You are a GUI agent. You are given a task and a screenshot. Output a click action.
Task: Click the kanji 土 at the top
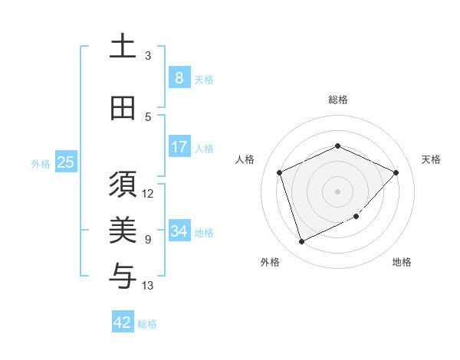[x=122, y=46]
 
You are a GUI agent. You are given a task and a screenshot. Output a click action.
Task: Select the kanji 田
[x=122, y=108]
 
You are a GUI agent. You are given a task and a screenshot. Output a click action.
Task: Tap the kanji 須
[x=122, y=185]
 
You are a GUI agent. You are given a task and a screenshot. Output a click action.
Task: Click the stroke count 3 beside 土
[x=148, y=56]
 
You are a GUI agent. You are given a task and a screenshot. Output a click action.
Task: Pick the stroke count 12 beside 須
[x=149, y=193]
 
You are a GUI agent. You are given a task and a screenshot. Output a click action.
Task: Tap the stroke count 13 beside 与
[x=149, y=286]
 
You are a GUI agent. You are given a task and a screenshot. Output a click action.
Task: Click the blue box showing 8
[x=179, y=78]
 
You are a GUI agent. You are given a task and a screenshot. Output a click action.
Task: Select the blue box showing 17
[x=179, y=147]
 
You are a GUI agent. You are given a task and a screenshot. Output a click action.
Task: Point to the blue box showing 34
[x=179, y=231]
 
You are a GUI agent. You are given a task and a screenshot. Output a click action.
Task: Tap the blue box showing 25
[x=65, y=162]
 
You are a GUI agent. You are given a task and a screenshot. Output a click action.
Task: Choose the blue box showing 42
[x=122, y=322]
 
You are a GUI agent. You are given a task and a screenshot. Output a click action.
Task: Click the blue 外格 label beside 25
[x=41, y=163]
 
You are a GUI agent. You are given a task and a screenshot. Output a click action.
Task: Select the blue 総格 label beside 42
[x=147, y=324]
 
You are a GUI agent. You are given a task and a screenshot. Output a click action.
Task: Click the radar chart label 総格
[x=337, y=100]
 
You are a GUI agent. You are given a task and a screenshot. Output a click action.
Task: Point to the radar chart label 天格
[x=431, y=159]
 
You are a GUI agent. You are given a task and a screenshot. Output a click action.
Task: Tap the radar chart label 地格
[x=402, y=262]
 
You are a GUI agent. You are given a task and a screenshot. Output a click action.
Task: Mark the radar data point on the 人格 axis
[x=280, y=172]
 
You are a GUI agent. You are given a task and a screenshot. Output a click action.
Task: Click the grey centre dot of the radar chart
[x=337, y=191]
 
